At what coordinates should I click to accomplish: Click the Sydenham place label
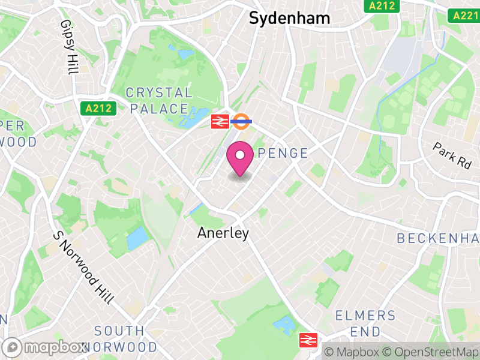tap(289, 18)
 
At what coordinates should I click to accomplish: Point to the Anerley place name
tap(223, 233)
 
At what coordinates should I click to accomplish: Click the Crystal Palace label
tap(159, 101)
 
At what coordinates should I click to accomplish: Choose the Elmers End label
tap(365, 323)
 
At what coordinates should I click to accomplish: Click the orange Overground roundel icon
tap(241, 122)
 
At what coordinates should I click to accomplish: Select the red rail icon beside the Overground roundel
tap(219, 122)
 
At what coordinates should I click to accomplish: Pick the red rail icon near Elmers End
tap(308, 341)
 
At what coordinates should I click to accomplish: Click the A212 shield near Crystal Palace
tap(89, 109)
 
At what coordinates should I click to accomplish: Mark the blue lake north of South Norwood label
tap(137, 238)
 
